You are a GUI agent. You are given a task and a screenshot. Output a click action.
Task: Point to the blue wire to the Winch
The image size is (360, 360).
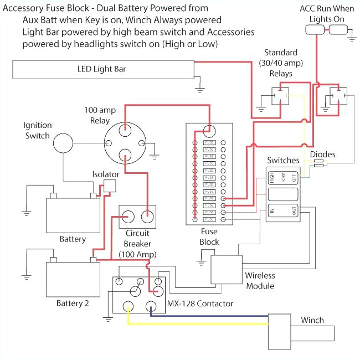tap(222, 316)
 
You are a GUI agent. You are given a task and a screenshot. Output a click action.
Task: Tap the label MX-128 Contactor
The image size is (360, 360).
tap(200, 304)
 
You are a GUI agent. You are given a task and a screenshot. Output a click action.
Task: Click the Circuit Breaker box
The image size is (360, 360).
tap(137, 217)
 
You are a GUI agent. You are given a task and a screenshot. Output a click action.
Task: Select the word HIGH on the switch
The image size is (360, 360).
tap(272, 178)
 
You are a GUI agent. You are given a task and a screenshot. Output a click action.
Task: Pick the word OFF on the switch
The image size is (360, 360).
tap(295, 178)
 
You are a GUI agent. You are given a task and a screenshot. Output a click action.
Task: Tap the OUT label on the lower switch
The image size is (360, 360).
tap(294, 211)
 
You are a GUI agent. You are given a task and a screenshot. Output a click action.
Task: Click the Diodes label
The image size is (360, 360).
tap(322, 154)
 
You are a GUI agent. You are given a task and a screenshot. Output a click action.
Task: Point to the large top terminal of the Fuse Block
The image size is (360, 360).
tap(209, 131)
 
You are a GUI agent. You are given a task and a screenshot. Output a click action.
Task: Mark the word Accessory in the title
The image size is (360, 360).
tap(25, 8)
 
